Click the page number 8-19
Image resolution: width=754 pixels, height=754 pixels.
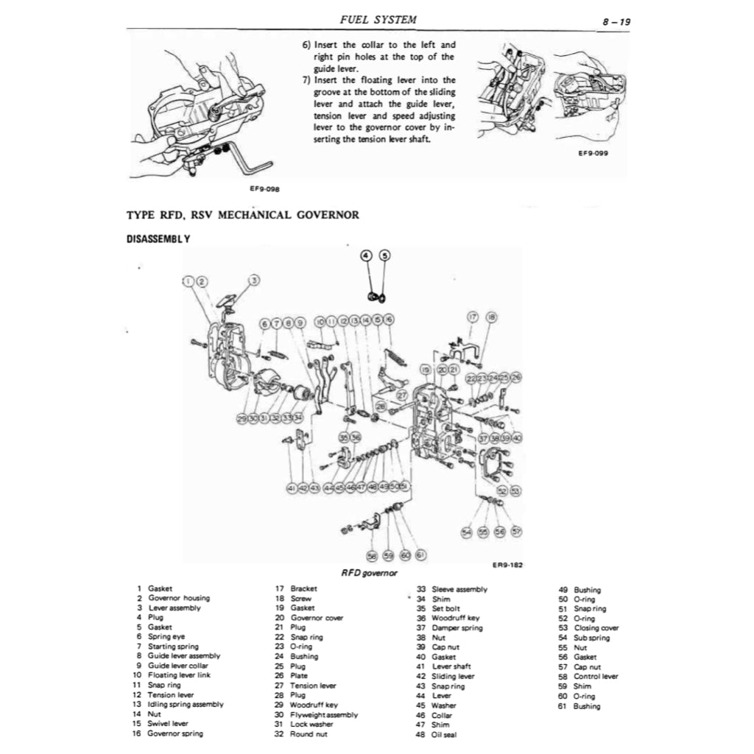click(615, 22)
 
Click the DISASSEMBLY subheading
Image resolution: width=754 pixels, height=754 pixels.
click(159, 239)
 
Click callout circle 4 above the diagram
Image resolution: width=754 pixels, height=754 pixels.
click(366, 256)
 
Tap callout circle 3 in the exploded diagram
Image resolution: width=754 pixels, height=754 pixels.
click(255, 280)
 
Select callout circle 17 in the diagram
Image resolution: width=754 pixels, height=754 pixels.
click(473, 317)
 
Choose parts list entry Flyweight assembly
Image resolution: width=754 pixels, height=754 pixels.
click(324, 714)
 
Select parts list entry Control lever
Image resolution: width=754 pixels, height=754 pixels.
click(596, 676)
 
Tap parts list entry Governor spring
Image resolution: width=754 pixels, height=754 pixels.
click(175, 733)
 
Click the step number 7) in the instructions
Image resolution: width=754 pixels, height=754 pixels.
click(308, 80)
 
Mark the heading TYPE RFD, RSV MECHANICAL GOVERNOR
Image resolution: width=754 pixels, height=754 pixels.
click(243, 215)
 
